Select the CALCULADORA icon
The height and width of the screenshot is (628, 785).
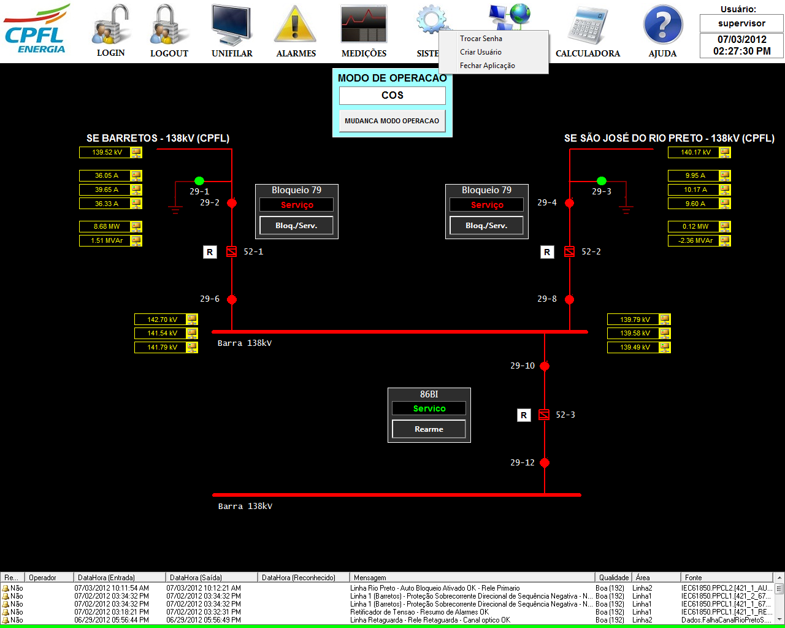tap(588, 26)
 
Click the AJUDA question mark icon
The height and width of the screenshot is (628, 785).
tap(663, 25)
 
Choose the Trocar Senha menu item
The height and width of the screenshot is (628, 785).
tap(481, 38)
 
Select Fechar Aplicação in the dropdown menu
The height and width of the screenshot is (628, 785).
tap(488, 66)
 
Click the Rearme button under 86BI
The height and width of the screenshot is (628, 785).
tap(429, 429)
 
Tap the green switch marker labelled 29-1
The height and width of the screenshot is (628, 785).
tap(199, 181)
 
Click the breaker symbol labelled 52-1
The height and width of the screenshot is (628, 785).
tap(232, 251)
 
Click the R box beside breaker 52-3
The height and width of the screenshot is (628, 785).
tap(524, 415)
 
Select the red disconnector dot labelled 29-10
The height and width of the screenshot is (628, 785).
tap(545, 366)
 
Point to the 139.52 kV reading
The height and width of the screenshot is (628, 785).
tap(107, 152)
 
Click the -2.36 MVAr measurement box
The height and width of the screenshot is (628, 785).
tap(695, 241)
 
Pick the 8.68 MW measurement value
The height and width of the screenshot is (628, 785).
tap(107, 226)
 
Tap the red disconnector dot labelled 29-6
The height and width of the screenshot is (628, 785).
tap(232, 299)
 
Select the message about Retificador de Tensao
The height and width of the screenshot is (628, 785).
tap(419, 612)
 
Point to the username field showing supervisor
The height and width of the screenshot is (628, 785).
tap(741, 24)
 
